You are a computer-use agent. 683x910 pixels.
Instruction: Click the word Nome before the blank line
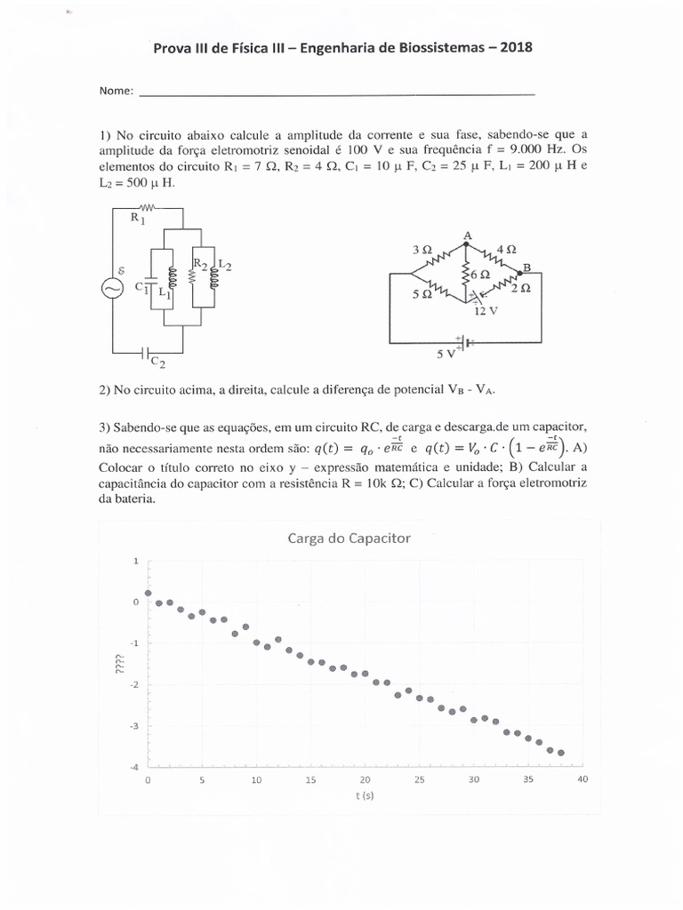[116, 92]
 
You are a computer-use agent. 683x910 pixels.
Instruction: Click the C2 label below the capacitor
[157, 362]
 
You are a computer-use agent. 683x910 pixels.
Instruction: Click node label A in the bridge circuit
[466, 235]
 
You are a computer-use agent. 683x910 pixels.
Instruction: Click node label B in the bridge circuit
[526, 267]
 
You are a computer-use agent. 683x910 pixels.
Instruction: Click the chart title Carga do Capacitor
[348, 538]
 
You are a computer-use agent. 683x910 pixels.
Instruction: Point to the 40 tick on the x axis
[583, 779]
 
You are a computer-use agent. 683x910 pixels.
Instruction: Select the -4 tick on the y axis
[134, 767]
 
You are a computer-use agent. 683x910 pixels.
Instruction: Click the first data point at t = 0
[149, 593]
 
